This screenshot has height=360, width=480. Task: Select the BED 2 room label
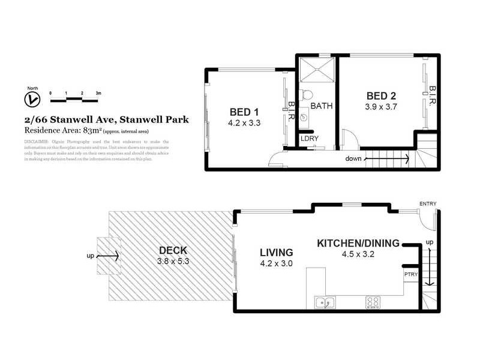pyautogui.click(x=381, y=96)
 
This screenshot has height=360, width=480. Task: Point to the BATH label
pyautogui.click(x=321, y=106)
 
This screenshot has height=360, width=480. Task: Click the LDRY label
pyautogui.click(x=310, y=139)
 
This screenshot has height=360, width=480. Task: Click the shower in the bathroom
pyautogui.click(x=317, y=71)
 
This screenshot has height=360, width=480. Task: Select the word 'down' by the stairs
pyautogui.click(x=353, y=159)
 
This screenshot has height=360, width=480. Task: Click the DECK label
pyautogui.click(x=173, y=250)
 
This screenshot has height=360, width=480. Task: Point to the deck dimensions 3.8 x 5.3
pyautogui.click(x=173, y=262)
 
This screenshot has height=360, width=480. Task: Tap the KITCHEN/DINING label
pyautogui.click(x=358, y=243)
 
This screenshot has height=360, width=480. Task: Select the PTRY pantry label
pyautogui.click(x=411, y=274)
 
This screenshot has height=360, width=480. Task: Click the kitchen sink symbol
pyautogui.click(x=325, y=303)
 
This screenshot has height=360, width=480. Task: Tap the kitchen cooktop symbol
pyautogui.click(x=372, y=303)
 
